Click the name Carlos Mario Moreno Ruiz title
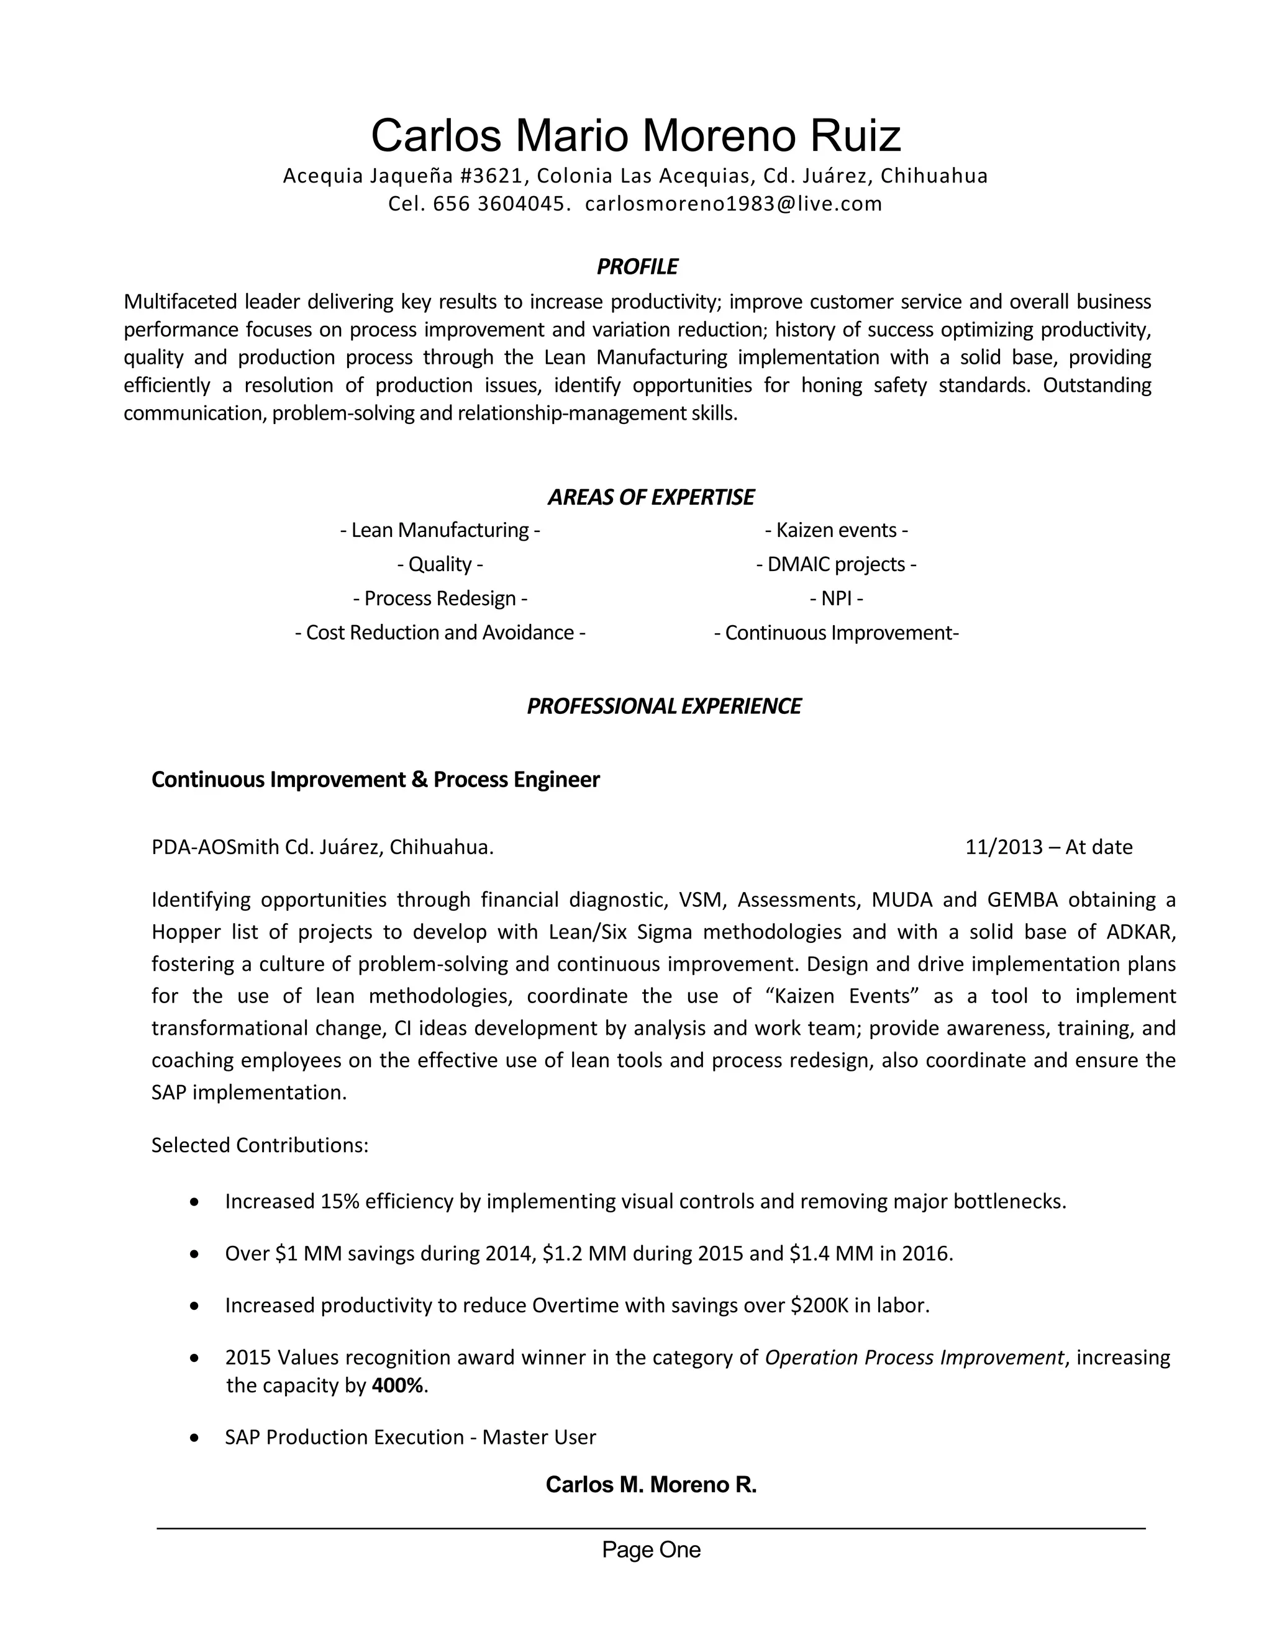[635, 135]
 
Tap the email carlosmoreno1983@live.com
[734, 204]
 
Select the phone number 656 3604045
[499, 204]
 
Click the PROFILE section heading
[637, 267]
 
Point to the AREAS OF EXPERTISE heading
[650, 497]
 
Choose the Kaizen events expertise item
[837, 530]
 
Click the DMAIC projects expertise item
[837, 564]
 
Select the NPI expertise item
[837, 598]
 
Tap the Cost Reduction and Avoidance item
[440, 632]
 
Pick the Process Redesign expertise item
[440, 598]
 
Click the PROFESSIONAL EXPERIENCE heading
[663, 706]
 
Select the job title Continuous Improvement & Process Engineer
[375, 779]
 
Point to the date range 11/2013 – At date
[1048, 847]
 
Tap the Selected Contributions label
[260, 1145]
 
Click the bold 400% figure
[397, 1385]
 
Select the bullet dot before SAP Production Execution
[195, 1438]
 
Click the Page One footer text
[651, 1549]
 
